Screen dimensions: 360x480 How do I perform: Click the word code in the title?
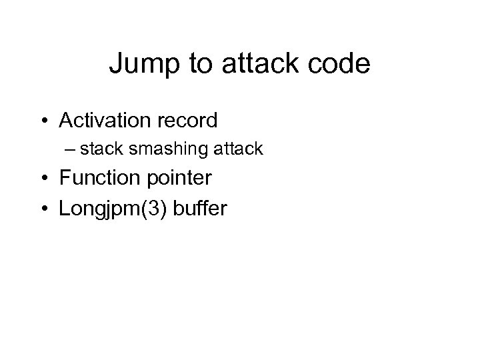[x=338, y=64]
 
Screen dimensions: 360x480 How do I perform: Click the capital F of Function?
[x=64, y=179]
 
